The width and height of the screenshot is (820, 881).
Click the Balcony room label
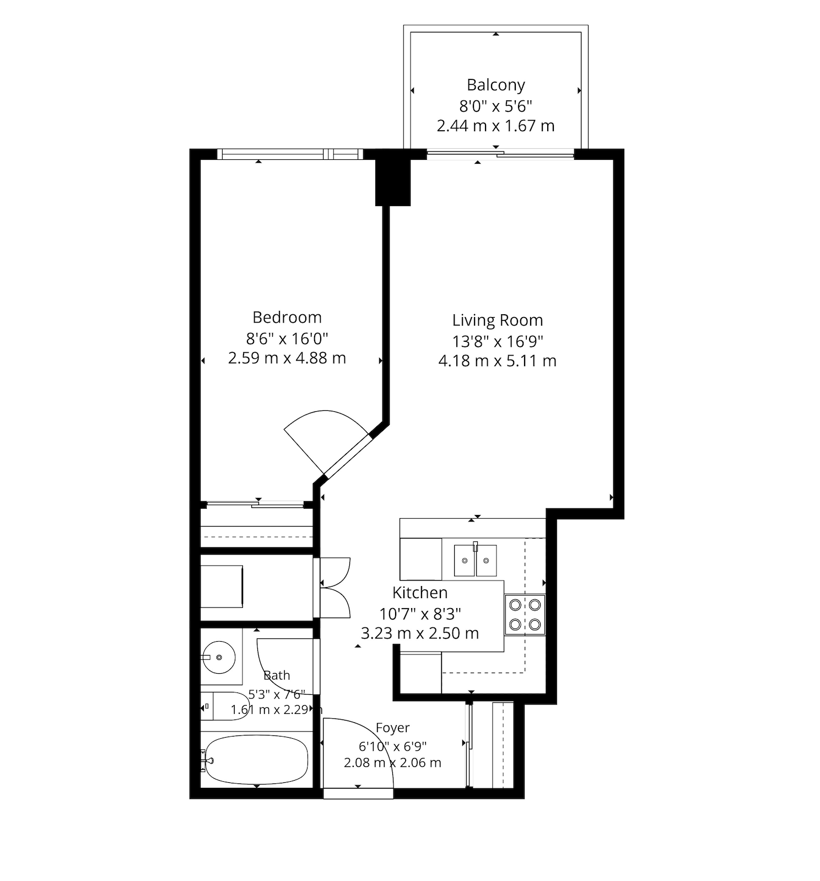tap(495, 85)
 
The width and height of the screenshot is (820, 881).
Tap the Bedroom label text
tap(287, 317)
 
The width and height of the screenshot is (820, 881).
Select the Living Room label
tap(498, 320)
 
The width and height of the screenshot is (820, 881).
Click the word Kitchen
tap(420, 593)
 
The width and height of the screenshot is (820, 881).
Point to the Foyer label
tap(392, 728)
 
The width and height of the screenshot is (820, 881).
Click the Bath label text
tap(277, 675)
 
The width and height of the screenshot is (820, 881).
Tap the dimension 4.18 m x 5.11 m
tap(498, 361)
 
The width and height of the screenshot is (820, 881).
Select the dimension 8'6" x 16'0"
tap(287, 338)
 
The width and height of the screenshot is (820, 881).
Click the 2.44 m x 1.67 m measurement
tap(495, 126)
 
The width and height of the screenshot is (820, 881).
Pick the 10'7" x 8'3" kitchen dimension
tap(420, 613)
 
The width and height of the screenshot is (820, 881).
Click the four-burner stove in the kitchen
tap(525, 615)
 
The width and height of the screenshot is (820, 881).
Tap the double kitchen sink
tap(475, 560)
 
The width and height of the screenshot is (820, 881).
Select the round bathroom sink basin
tap(219, 657)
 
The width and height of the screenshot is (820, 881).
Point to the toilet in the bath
tap(225, 706)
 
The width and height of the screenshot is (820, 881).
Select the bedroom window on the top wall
tap(290, 154)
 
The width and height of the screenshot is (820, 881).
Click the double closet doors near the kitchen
tap(335, 587)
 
